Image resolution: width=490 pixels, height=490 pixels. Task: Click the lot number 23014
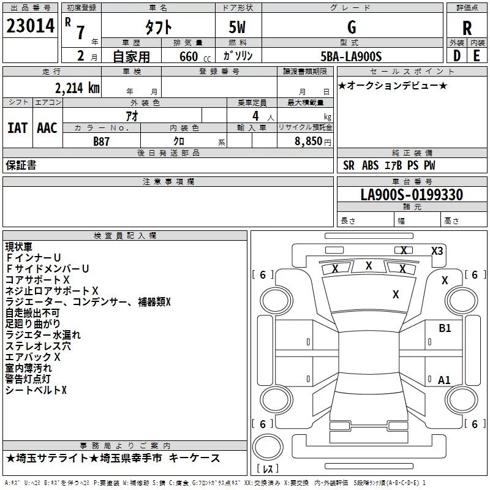[29, 27]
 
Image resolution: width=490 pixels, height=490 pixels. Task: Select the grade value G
[351, 27]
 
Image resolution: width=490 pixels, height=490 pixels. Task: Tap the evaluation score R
[467, 28]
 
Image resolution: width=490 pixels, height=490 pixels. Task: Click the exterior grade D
[456, 56]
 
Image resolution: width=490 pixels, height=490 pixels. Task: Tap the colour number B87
[102, 141]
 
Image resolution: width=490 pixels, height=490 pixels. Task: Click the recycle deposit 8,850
[308, 141]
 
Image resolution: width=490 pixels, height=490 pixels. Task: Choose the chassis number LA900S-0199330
[412, 195]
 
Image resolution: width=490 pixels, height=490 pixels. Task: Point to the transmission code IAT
[18, 127]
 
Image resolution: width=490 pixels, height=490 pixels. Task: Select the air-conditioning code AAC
[47, 127]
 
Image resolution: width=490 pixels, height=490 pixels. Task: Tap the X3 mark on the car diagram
[437, 251]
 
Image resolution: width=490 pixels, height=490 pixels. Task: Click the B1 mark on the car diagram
[445, 328]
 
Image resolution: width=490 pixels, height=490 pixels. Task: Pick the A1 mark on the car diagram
[444, 380]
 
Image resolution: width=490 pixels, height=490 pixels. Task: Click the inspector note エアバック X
[33, 356]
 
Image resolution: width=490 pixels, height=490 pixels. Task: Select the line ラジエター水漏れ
[43, 335]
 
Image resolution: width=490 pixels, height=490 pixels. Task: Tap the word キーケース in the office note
[194, 458]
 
